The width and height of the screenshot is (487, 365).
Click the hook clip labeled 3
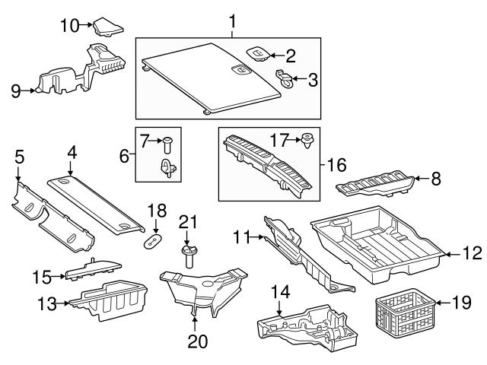285,78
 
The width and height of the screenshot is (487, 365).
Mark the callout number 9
14,92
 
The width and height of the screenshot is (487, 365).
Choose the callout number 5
20,157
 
